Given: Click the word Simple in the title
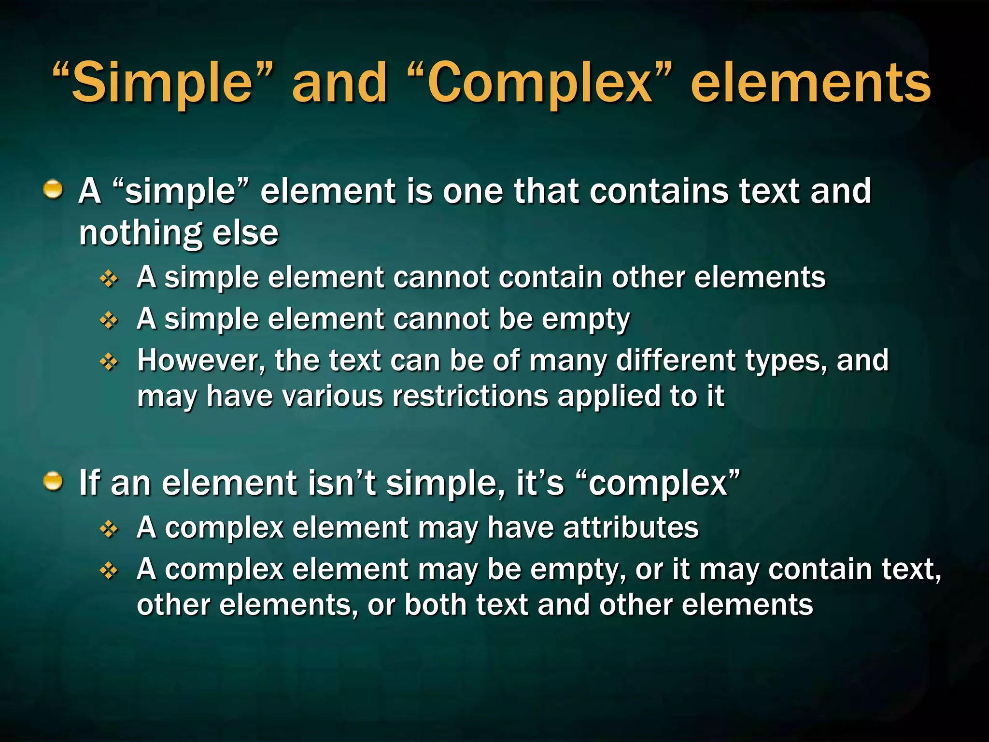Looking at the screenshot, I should tap(162, 83).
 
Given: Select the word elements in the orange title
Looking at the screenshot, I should tap(810, 83).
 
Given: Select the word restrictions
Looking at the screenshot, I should tap(470, 396).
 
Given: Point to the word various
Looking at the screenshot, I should tap(333, 396).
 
